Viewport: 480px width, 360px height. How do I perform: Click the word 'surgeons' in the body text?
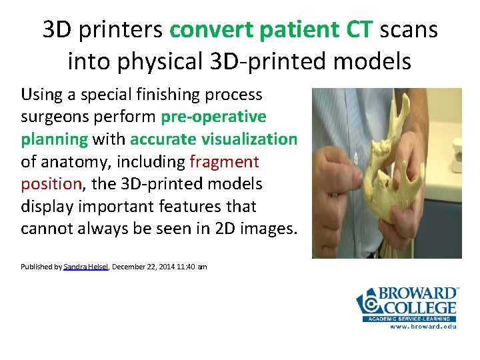[x=51, y=117]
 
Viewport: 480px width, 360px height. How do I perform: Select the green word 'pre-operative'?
[x=213, y=117]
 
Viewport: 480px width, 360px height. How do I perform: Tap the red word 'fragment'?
[x=225, y=161]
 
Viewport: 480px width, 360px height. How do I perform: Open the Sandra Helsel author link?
[x=86, y=267]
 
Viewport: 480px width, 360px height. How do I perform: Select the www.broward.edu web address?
[x=423, y=327]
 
